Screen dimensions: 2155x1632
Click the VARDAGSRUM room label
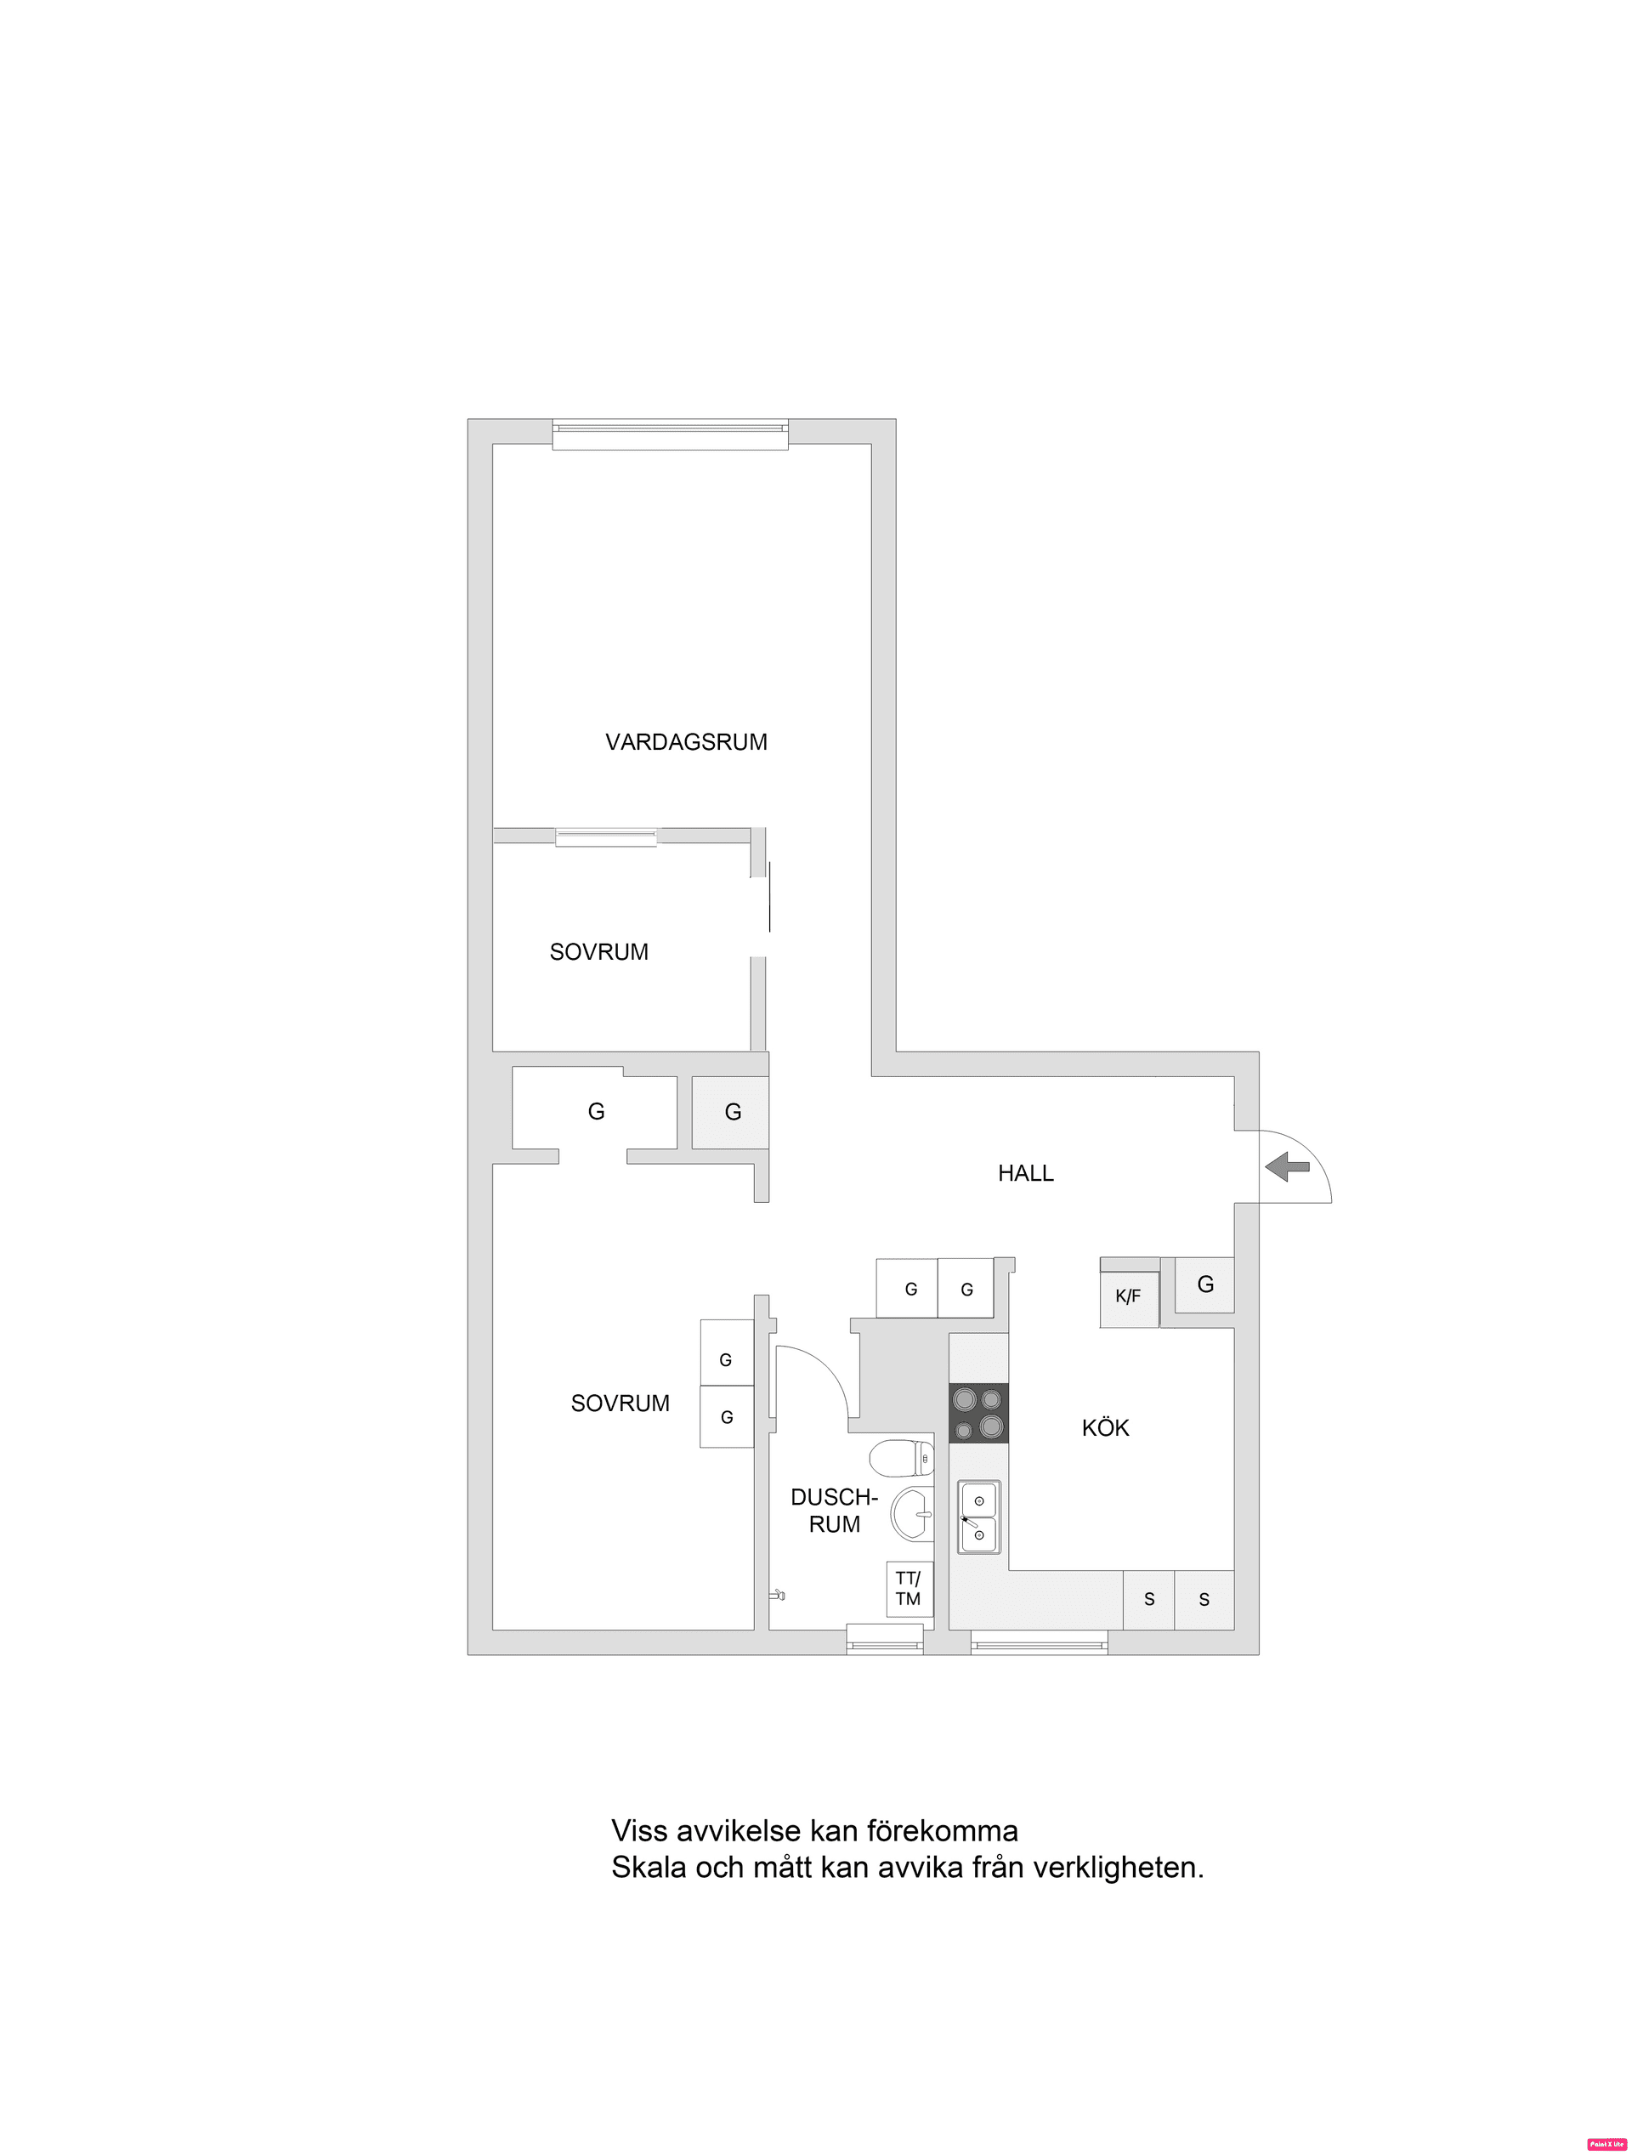tap(686, 742)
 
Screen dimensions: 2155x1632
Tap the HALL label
tap(1025, 1173)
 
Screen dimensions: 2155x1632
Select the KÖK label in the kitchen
tap(1105, 1428)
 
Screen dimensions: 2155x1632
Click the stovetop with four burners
tap(978, 1413)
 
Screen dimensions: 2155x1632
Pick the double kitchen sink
tap(978, 1517)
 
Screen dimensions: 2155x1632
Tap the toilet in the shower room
tap(901, 1459)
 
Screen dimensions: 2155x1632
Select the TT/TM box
tap(908, 1589)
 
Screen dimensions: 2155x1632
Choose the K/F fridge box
tap(1128, 1296)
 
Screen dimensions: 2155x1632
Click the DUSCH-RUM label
tap(834, 1510)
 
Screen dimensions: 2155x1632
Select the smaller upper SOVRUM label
tap(598, 952)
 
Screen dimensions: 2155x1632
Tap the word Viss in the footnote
tap(639, 1830)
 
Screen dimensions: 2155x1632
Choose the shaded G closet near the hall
tap(732, 1112)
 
